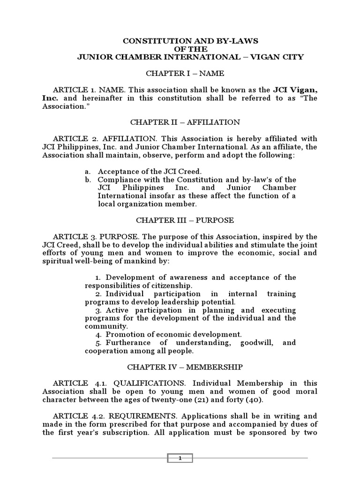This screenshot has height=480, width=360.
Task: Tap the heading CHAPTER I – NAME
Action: click(x=185, y=73)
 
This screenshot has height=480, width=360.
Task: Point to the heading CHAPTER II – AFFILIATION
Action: click(x=185, y=122)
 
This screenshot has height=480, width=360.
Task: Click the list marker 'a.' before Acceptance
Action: click(x=88, y=172)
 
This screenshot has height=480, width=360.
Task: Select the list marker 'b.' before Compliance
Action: click(x=88, y=180)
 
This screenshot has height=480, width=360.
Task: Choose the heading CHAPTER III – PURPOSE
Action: click(x=185, y=220)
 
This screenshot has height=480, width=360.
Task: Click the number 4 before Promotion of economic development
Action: click(x=98, y=335)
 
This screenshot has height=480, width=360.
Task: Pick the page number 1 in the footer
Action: click(x=180, y=458)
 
